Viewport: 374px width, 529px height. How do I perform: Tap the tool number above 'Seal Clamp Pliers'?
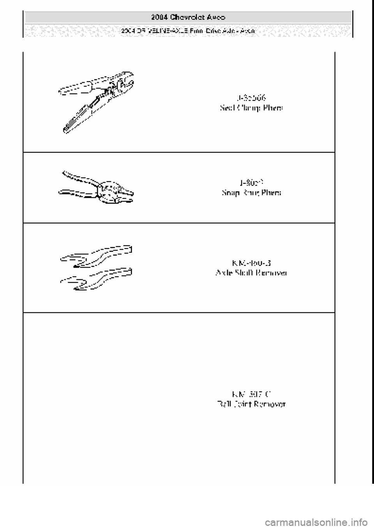click(251, 97)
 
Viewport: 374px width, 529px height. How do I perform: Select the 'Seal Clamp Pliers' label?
click(251, 108)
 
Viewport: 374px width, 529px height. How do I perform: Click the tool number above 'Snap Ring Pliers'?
click(251, 182)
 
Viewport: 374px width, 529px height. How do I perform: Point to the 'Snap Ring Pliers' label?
click(251, 193)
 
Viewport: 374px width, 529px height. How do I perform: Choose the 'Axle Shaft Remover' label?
click(251, 273)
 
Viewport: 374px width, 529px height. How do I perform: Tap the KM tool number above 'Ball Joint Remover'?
click(251, 393)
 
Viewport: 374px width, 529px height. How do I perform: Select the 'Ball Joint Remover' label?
click(251, 404)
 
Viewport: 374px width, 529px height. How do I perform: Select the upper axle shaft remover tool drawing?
click(97, 255)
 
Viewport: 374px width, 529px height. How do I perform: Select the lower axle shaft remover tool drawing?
click(97, 279)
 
